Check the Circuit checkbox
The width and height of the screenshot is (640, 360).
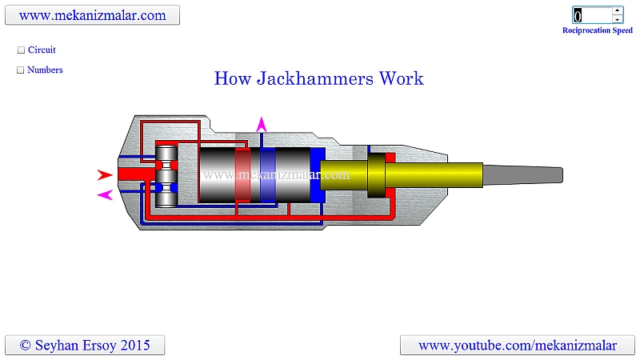pos(22,50)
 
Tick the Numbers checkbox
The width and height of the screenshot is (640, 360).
pos(21,70)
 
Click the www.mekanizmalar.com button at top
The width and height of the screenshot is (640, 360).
pos(92,15)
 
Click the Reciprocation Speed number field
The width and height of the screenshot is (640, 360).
pos(592,15)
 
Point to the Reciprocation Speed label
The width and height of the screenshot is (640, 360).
pos(597,30)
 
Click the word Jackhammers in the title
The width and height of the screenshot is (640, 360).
pos(314,78)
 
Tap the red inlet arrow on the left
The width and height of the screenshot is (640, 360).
pos(105,174)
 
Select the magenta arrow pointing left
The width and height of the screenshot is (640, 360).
pos(105,195)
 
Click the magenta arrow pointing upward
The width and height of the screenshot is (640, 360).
pos(262,125)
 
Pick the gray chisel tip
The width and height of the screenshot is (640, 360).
pos(523,174)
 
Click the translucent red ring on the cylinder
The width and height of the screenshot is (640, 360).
pos(242,174)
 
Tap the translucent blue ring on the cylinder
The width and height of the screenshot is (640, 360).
pos(268,174)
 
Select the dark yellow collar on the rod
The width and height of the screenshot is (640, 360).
pos(376,175)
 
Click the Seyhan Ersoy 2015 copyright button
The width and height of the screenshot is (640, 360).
pos(85,346)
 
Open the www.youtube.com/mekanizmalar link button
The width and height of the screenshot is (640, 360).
pos(518,346)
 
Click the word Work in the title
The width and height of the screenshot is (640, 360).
pos(402,78)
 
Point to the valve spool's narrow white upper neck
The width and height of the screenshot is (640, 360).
pos(166,165)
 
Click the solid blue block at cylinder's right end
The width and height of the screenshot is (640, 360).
pos(318,174)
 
